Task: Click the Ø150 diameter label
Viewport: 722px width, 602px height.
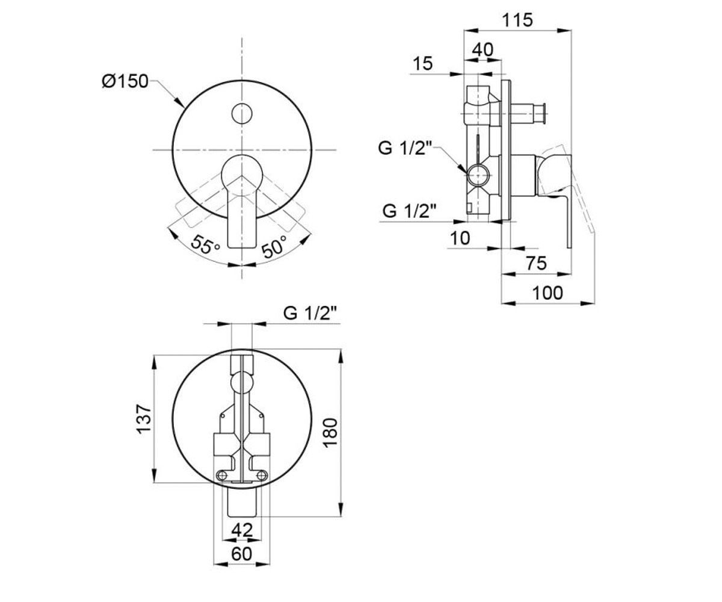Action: point(125,82)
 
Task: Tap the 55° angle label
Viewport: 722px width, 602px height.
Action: point(205,244)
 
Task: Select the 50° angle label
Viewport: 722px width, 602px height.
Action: point(274,246)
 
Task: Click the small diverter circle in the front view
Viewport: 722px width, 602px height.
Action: point(242,114)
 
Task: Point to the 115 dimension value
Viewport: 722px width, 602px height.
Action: point(517,20)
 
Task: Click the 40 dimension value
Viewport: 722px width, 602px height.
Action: point(483,50)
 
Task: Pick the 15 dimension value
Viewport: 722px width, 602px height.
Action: point(422,64)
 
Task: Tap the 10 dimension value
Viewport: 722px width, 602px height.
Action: point(460,238)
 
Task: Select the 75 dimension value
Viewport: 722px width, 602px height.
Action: point(536,263)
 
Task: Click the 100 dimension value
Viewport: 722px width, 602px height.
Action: point(548,293)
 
